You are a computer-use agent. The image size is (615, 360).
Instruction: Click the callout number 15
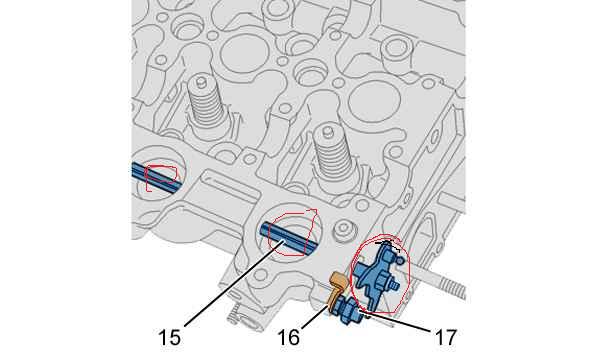pos(169,338)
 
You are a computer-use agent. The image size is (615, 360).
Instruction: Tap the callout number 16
pos(289,338)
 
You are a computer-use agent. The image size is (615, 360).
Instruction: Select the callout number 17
pos(445,338)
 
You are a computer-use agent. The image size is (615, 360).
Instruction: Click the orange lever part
pos(338,289)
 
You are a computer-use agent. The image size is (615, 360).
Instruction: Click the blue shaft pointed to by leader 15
pos(288,238)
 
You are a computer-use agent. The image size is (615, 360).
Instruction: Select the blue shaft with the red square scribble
pos(156,177)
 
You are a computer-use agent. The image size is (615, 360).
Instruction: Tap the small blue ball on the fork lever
pos(399,260)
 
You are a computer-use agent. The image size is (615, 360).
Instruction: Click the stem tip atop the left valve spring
pos(201,82)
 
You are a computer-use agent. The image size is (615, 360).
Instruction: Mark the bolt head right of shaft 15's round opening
pos(343,229)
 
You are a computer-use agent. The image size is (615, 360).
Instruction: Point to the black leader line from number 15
pos(233,283)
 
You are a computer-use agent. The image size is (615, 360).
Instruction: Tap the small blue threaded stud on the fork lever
pos(393,285)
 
